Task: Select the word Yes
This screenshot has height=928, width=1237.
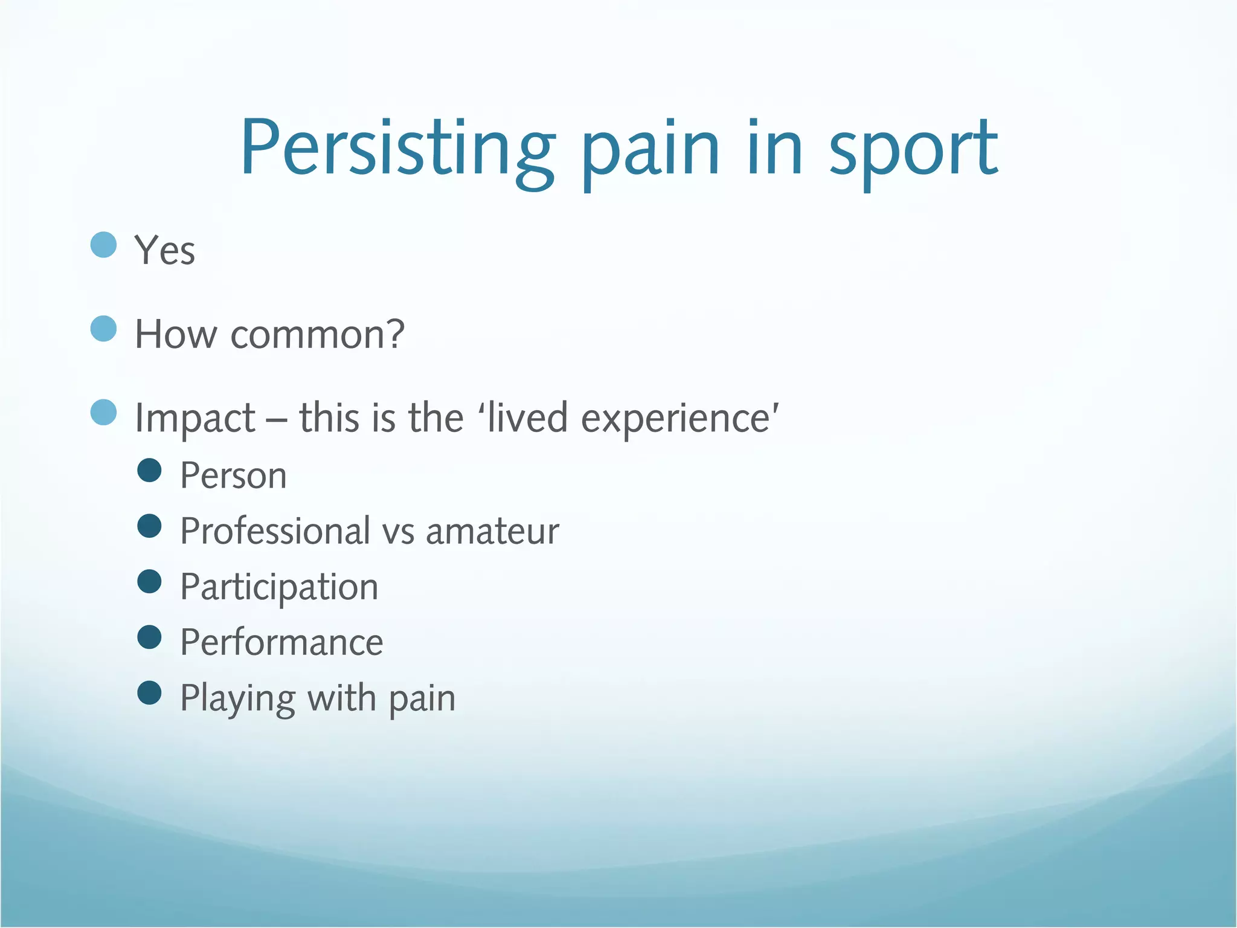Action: coord(164,250)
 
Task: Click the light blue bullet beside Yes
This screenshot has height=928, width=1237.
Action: coord(103,245)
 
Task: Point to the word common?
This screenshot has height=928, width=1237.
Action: coord(317,334)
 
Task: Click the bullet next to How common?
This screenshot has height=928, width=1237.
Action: coord(103,329)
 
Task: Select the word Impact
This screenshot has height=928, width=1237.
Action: coord(195,418)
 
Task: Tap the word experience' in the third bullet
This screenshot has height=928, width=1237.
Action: coord(680,418)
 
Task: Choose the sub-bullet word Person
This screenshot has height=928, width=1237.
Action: coord(233,475)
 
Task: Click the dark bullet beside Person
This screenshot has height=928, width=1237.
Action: coord(149,470)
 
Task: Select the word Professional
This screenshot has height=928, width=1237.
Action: coord(275,531)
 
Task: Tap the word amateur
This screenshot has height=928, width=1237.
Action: coord(492,532)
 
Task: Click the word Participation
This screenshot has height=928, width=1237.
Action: coord(279,587)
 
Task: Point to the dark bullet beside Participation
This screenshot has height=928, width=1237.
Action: coord(149,581)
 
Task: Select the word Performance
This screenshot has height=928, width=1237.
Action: coord(281,642)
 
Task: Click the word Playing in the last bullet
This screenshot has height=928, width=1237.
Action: coord(237,699)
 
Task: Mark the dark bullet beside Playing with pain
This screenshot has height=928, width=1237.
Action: coord(149,693)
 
